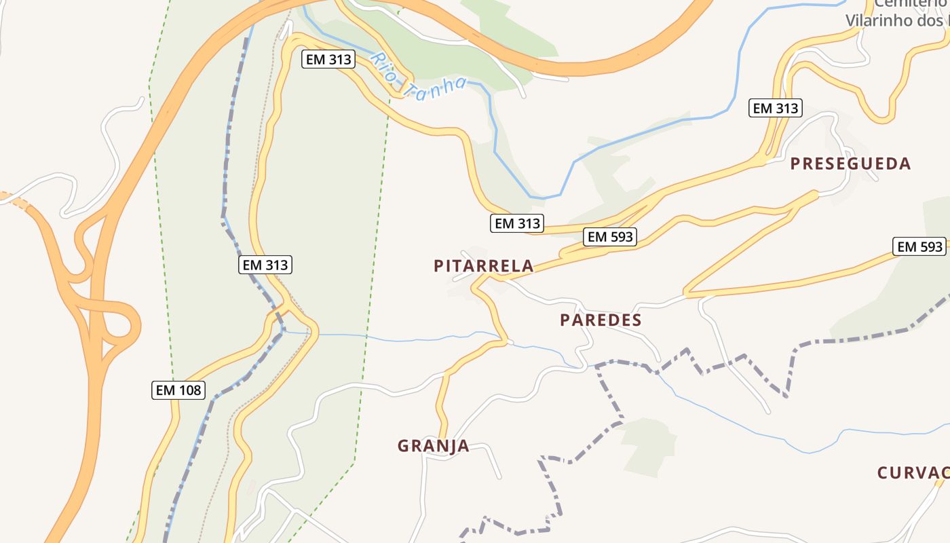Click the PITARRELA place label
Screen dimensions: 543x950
tap(483, 266)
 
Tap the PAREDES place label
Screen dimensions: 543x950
tap(601, 320)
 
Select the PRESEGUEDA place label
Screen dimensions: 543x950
tap(850, 164)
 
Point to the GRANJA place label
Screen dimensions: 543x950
tap(433, 446)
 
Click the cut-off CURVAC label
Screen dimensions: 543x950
tap(913, 473)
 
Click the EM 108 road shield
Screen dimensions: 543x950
tap(178, 390)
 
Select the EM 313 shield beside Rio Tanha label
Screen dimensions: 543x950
tap(328, 59)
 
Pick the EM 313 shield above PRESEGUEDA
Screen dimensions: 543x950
tap(776, 108)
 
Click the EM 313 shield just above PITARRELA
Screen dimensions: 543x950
tap(517, 223)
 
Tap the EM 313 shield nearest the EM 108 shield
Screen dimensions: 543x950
tap(265, 265)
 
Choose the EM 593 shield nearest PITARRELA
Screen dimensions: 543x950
tap(610, 237)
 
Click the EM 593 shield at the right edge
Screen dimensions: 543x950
tap(920, 247)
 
